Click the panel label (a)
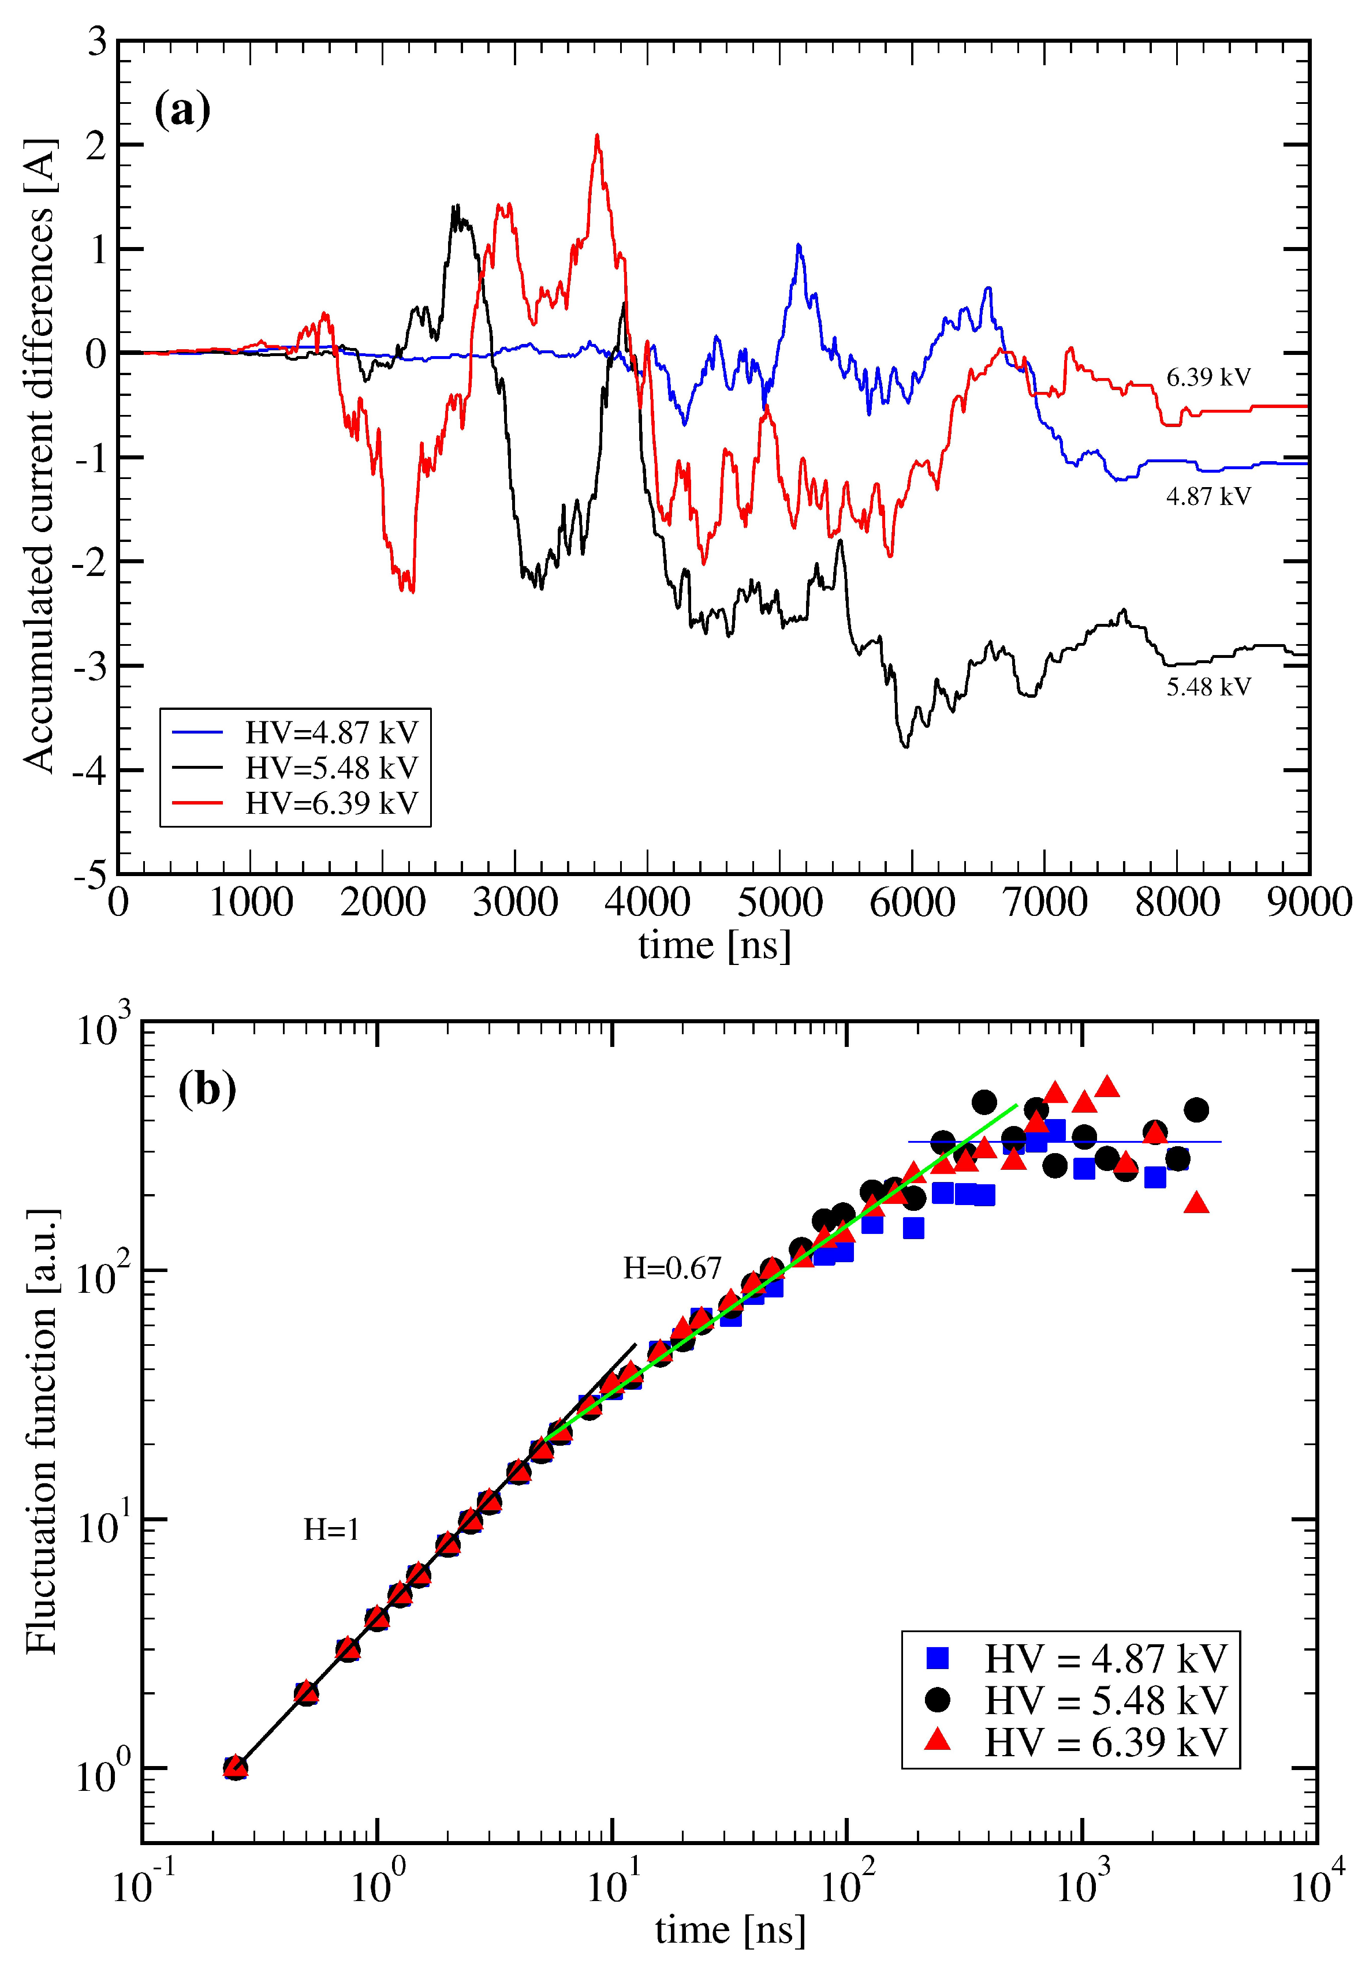click(182, 111)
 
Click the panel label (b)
click(207, 1090)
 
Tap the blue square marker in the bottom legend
click(938, 1658)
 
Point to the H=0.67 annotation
click(672, 1268)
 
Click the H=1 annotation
click(331, 1530)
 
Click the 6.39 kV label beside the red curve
click(1208, 377)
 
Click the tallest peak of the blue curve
click(798, 246)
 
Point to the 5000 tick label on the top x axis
click(779, 903)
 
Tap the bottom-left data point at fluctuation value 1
click(236, 1768)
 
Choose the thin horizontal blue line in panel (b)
click(1064, 1142)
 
